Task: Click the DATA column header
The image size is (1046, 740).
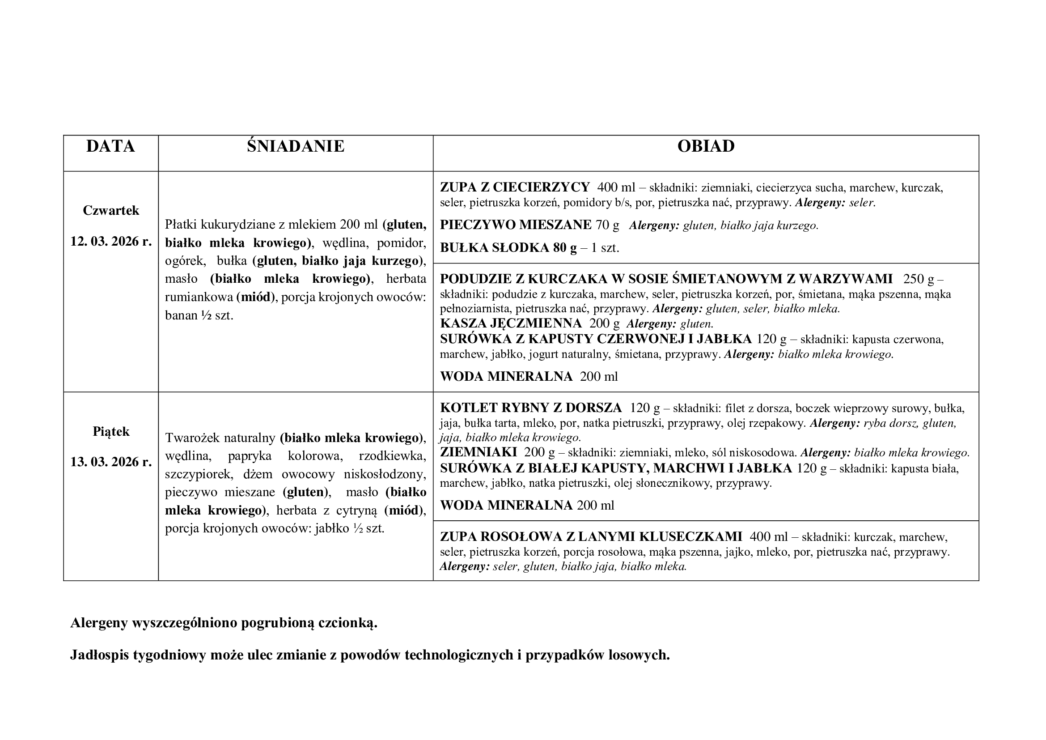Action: coord(110,146)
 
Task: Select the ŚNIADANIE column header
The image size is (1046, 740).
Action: coord(295,146)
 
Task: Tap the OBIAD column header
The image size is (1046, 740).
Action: coord(705,146)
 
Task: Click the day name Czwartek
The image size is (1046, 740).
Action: coord(111,211)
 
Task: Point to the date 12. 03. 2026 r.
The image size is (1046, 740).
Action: coord(111,241)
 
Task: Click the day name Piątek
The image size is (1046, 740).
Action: coord(111,431)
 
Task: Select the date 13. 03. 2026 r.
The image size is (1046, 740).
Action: coord(111,462)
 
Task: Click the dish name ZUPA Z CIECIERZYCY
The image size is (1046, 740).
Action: coord(515,187)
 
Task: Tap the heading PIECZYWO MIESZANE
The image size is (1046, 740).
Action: coord(516,225)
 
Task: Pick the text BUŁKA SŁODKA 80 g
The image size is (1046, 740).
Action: coord(508,248)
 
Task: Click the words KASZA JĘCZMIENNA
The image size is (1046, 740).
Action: coord(511,323)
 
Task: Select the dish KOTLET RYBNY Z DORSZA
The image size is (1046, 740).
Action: coord(531,408)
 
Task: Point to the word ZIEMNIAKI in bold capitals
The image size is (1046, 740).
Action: coord(479,452)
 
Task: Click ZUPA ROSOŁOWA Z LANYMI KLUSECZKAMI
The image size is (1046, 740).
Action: coord(591,537)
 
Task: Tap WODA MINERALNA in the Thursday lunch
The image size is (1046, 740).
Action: coord(506,376)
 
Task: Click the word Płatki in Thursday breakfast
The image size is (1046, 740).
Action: coord(181,225)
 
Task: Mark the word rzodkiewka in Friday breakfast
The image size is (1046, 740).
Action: coord(392,456)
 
